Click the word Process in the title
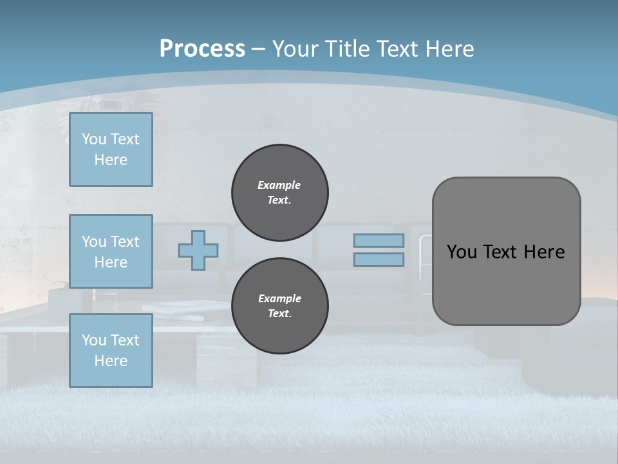click(202, 49)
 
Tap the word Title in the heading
click(348, 49)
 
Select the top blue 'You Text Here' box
click(111, 150)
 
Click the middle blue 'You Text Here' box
click(111, 251)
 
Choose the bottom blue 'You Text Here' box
click(111, 351)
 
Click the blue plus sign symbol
click(198, 250)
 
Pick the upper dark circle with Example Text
click(279, 192)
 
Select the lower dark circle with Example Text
click(279, 305)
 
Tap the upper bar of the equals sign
click(379, 240)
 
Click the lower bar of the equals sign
click(379, 260)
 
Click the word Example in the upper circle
click(279, 185)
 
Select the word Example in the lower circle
click(279, 298)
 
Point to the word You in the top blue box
click(94, 139)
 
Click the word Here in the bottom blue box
click(111, 361)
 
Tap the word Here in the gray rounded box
click(545, 252)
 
